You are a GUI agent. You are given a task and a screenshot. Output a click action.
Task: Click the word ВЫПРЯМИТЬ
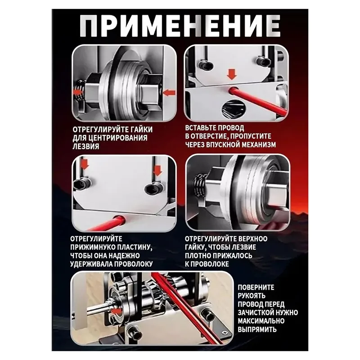click(258, 328)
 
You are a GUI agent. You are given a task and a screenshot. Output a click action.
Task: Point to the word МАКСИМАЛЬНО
click(262, 320)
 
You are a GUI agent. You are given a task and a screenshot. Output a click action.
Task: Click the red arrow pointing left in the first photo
click(78, 92)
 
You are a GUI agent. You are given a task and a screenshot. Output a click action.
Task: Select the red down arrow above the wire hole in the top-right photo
click(232, 74)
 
